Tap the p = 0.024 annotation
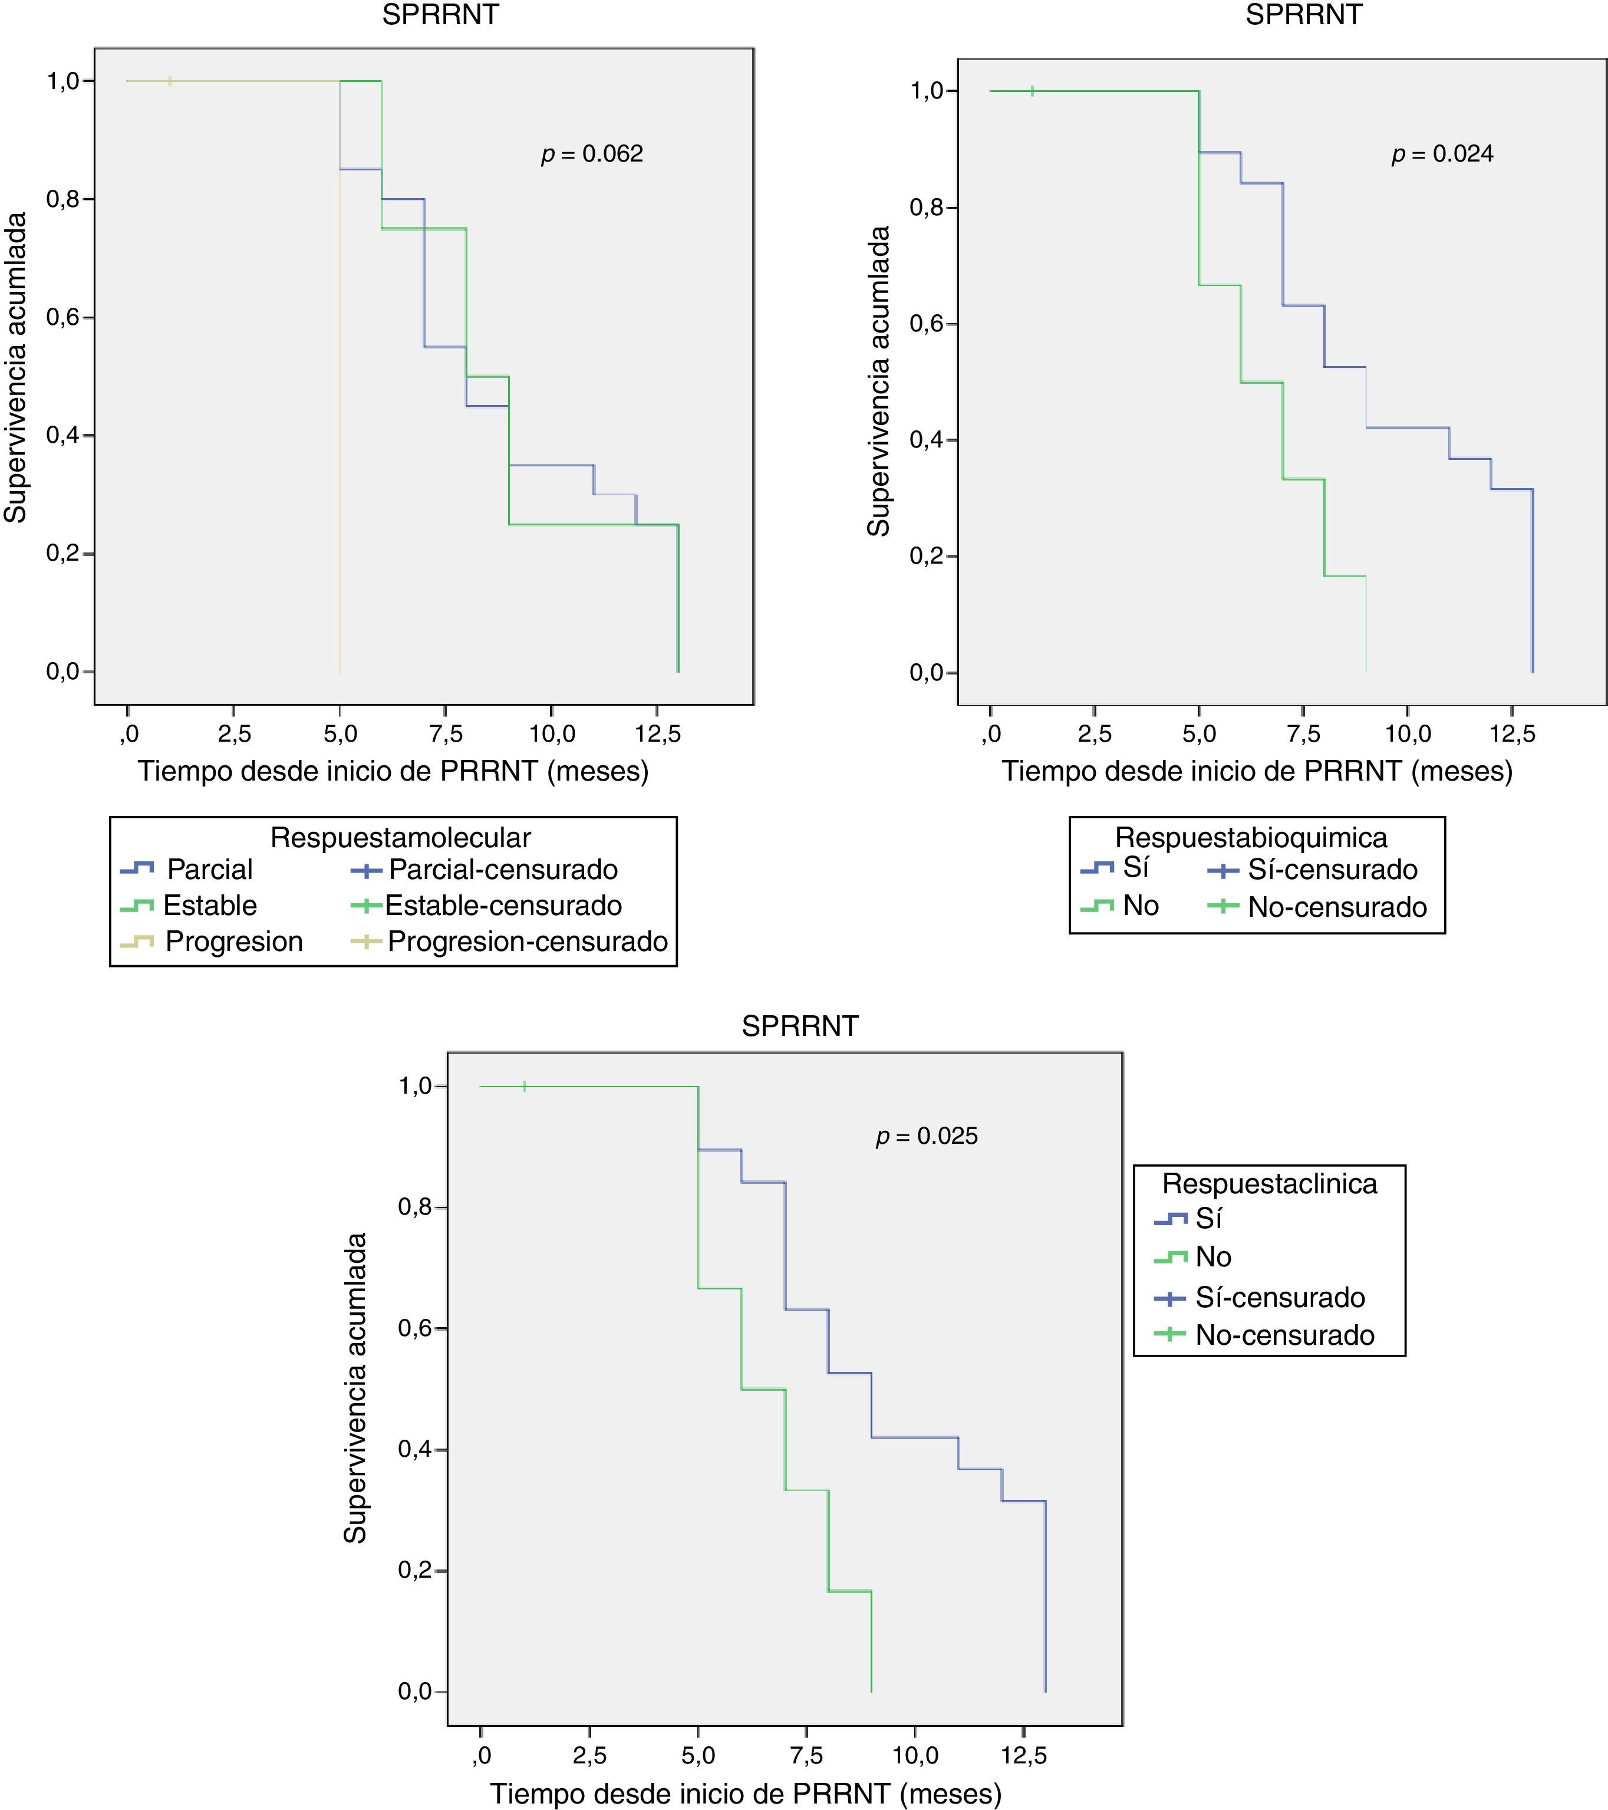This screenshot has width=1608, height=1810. click(1442, 154)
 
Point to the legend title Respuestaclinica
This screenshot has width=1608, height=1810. click(1269, 1183)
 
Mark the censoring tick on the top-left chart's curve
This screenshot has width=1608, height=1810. click(170, 81)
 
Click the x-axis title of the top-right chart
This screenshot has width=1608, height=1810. click(1257, 771)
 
